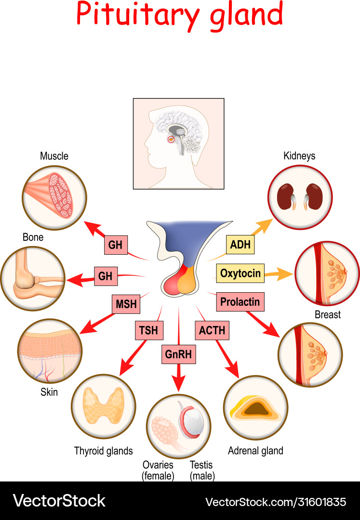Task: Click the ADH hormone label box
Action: pos(240,245)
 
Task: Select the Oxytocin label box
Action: pos(240,274)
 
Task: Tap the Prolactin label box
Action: pos(240,302)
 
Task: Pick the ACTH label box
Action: pos(212,331)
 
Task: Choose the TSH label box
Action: pos(149,331)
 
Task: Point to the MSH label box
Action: pos(126,304)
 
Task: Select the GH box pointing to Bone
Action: pos(105,276)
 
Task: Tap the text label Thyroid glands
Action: pos(103,451)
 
